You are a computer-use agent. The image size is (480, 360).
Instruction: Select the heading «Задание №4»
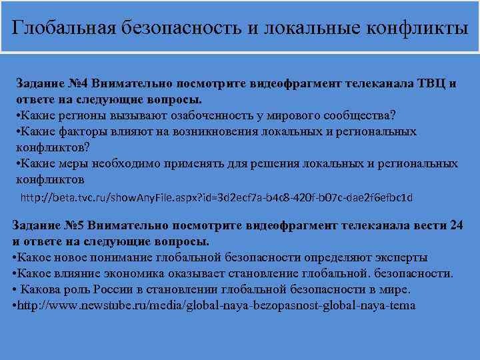[53, 85]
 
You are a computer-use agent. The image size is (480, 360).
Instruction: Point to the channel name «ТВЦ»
[431, 85]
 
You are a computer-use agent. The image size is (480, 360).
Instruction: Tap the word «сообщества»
[355, 114]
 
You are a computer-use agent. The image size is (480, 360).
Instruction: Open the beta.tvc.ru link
[217, 197]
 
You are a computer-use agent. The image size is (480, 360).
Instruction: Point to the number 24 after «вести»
[456, 225]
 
